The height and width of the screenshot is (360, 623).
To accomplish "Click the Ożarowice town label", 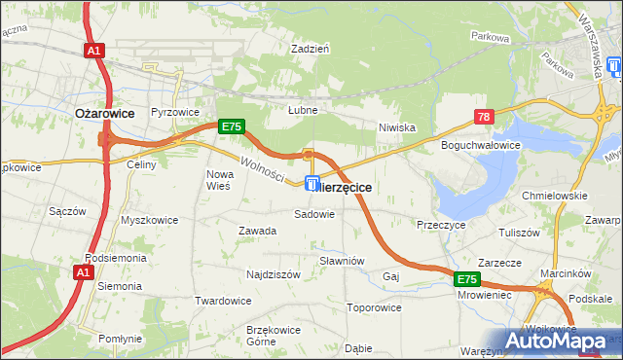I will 99,113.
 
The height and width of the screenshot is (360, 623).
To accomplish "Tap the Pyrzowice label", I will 173,112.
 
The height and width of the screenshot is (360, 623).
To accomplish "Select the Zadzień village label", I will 312,47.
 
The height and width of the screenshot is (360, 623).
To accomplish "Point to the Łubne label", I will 303,110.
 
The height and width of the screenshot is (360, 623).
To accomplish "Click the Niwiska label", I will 397,126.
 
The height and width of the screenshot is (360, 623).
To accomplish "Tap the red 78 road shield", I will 485,117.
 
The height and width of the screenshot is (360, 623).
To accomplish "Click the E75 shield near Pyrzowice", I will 231,126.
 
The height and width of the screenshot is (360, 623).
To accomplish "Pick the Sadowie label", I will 314,214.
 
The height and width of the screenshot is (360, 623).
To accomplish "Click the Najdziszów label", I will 274,274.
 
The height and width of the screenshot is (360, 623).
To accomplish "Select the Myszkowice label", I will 149,220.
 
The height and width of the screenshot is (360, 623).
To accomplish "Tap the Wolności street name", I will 261,170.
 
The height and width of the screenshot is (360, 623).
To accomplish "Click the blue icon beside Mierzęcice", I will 312,183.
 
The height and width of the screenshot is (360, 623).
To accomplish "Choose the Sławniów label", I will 342,261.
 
